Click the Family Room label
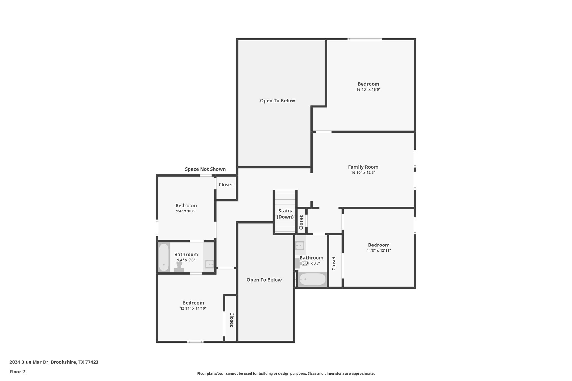[x=363, y=167]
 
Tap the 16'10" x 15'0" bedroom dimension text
[x=368, y=90]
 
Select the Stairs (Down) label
[x=285, y=214]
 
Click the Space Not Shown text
[x=205, y=169]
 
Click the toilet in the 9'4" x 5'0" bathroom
[x=179, y=266]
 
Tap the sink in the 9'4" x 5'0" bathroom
[x=209, y=264]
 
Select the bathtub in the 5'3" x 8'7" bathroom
[x=312, y=279]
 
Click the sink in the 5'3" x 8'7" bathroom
[x=300, y=246]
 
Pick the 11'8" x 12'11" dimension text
[x=378, y=251]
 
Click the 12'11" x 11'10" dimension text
[x=193, y=308]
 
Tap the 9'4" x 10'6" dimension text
[x=186, y=211]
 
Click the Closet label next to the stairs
[x=301, y=222]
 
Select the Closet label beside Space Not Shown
[x=226, y=185]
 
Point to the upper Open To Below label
[x=277, y=101]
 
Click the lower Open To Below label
[x=264, y=280]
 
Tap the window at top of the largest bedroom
[x=365, y=39]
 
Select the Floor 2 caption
[x=17, y=372]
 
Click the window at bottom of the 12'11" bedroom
[x=195, y=342]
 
